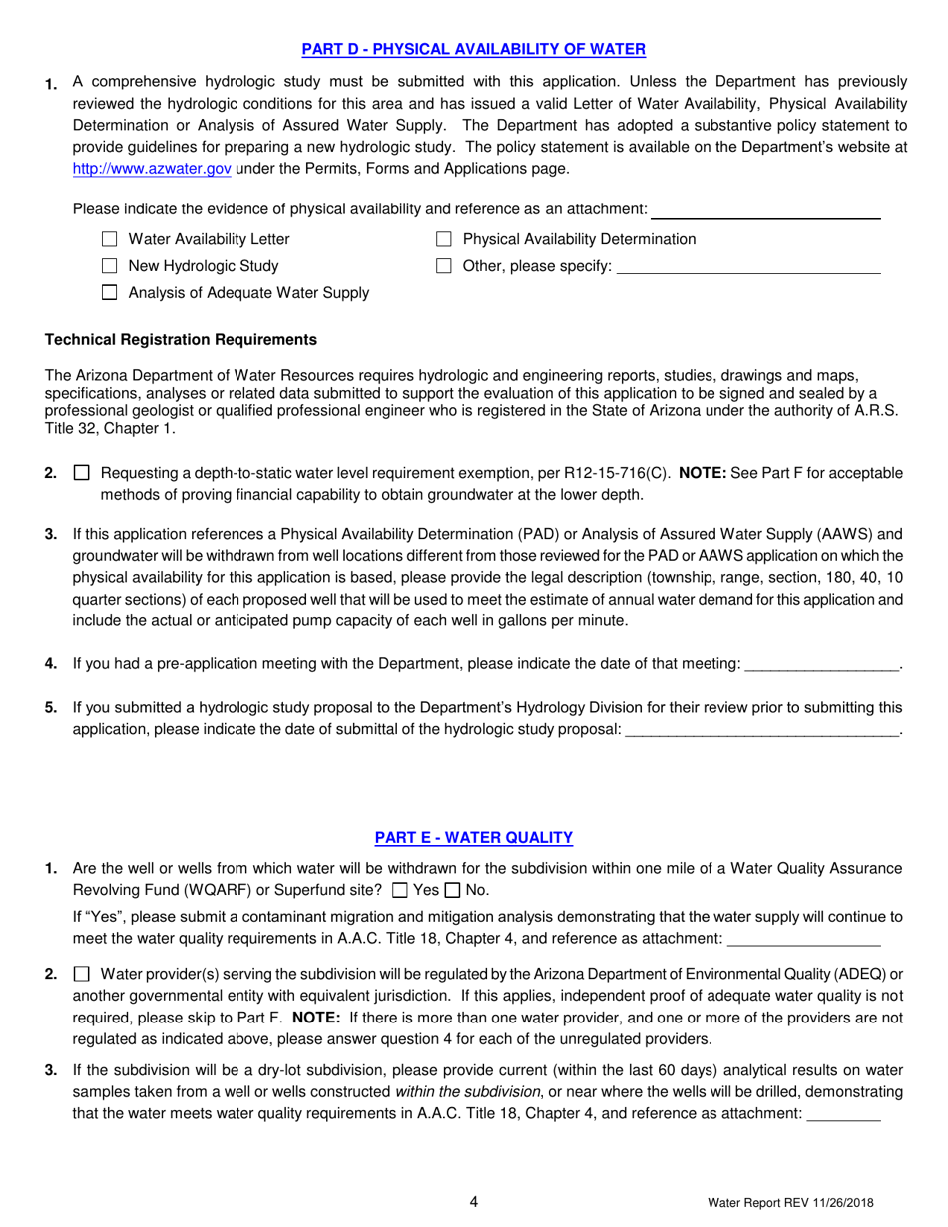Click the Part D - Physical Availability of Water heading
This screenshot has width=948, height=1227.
(474, 48)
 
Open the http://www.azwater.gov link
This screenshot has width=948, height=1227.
(152, 169)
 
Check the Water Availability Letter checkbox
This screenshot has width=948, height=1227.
(110, 239)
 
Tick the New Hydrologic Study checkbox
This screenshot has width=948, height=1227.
(110, 266)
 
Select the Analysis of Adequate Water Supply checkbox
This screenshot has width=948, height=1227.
(110, 293)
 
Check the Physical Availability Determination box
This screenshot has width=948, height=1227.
(445, 239)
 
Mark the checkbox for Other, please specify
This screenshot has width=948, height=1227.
(445, 266)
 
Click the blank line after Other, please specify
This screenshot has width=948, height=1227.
(748, 267)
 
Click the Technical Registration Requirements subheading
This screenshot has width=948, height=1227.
(182, 340)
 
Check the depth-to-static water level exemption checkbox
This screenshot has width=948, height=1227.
(82, 473)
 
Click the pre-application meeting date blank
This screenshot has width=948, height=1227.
(822, 664)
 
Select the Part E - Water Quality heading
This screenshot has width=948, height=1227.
(474, 838)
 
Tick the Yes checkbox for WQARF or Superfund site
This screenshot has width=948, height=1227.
(401, 890)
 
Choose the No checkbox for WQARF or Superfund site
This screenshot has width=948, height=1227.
(452, 890)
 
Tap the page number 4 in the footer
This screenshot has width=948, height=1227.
(474, 1202)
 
